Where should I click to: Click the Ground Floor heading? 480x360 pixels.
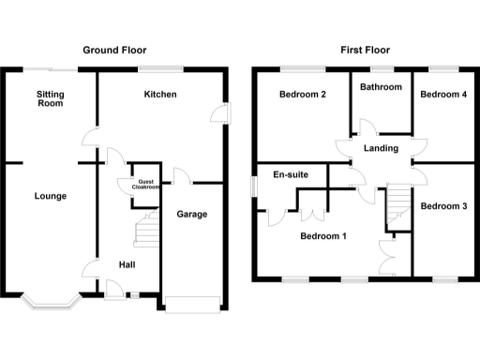tap(114, 50)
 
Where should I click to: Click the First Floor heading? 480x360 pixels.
tap(366, 50)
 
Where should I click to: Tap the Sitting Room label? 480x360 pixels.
tap(50, 98)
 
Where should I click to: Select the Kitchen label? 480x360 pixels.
tap(160, 95)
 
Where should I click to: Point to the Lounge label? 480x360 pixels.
tap(49, 196)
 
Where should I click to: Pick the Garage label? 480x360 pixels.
tap(192, 214)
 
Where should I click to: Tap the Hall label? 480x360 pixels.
tap(127, 265)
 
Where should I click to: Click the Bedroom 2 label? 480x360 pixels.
tap(302, 95)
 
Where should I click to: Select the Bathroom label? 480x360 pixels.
tap(382, 87)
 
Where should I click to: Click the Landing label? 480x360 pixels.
tap(381, 148)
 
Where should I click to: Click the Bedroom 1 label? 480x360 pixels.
tap(323, 236)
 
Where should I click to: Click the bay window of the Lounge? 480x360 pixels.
tap(49, 300)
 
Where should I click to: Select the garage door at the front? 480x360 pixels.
tap(192, 302)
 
